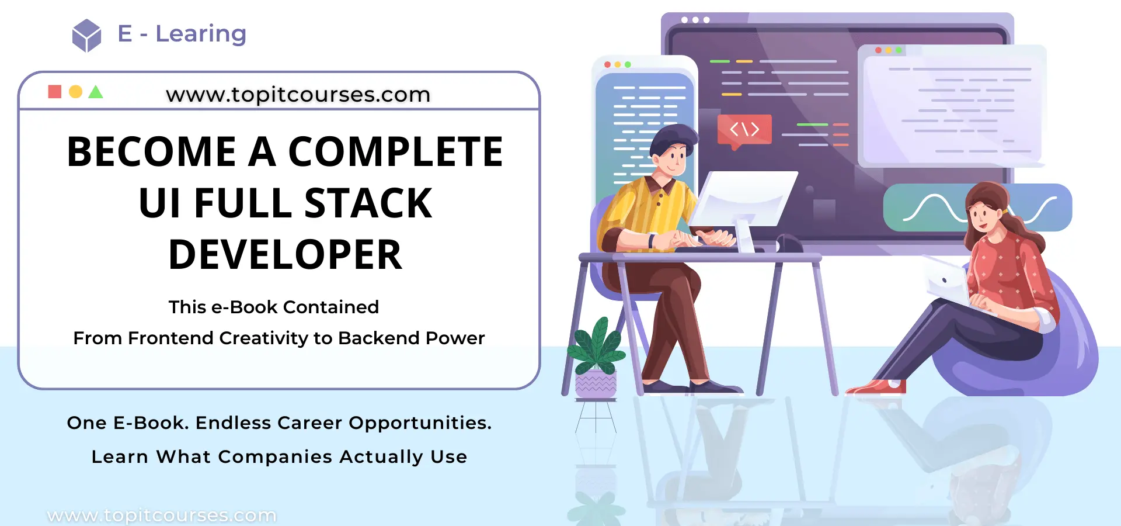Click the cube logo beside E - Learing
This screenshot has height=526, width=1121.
click(86, 35)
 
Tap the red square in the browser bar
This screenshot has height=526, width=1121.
click(55, 92)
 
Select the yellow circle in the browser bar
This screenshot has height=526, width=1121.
click(75, 92)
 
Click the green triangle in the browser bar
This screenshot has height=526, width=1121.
click(96, 92)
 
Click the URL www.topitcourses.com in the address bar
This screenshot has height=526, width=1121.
click(298, 95)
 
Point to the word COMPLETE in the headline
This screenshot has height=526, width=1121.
click(395, 152)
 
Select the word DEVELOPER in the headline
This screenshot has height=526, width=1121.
click(286, 255)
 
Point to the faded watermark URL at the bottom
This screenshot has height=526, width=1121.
click(162, 515)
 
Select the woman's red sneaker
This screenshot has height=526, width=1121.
click(876, 387)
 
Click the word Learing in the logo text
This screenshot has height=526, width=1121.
click(201, 34)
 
